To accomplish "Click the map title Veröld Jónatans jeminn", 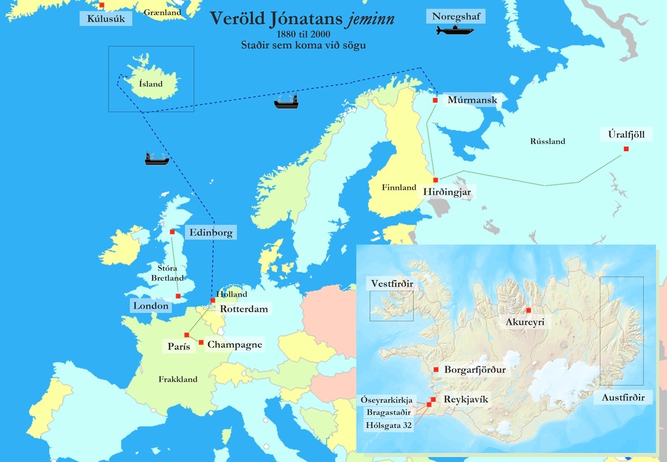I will pos(302,19).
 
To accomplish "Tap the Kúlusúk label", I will pos(106,19).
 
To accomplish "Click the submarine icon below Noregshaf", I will pos(455,30).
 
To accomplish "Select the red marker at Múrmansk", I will pos(435,100).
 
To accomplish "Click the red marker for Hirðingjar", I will pos(435,180).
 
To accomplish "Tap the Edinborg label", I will pos(210,233).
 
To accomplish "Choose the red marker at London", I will pos(178,296).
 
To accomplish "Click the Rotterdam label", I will pos(244,309).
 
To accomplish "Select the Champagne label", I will pos(234,345).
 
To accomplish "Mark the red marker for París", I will pos(187,335).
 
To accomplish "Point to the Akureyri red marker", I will pos(528,311).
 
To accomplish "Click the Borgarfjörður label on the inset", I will pos(475,370).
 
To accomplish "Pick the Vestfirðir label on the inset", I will pos(393,284).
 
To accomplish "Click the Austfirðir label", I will pos(623,397).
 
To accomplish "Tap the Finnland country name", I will pos(398,188).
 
